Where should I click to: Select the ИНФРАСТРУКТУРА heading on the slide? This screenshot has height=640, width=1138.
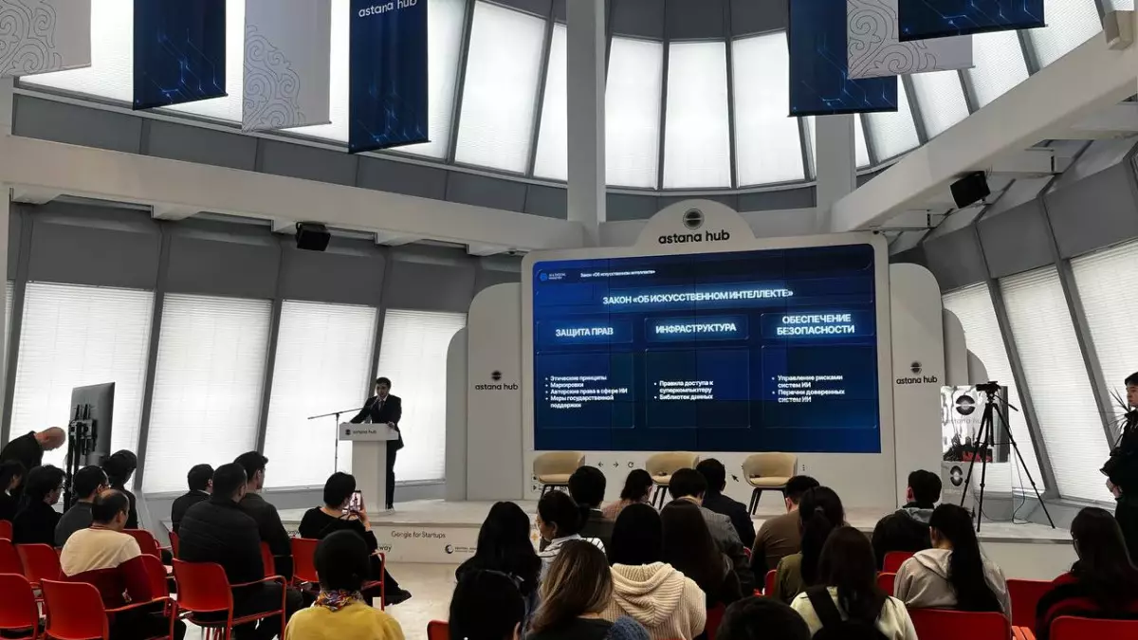coord(696,328)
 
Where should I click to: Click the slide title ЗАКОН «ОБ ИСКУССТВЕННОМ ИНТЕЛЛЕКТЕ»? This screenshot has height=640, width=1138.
coord(698,298)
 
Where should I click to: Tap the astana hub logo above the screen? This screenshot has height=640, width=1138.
coord(693,228)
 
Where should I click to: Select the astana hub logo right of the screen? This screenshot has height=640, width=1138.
coord(916,374)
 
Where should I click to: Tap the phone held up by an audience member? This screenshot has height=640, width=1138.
coord(357,501)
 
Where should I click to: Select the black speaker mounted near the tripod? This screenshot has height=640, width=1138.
coord(969,189)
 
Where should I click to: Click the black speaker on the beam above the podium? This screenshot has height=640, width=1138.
coord(312,236)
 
